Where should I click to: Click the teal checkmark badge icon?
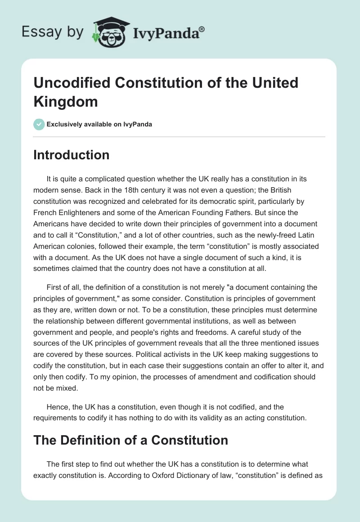coord(39,124)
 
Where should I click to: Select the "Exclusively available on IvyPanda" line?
coord(99,124)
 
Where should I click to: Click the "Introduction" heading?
coord(71,155)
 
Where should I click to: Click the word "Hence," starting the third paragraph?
coord(57,407)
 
